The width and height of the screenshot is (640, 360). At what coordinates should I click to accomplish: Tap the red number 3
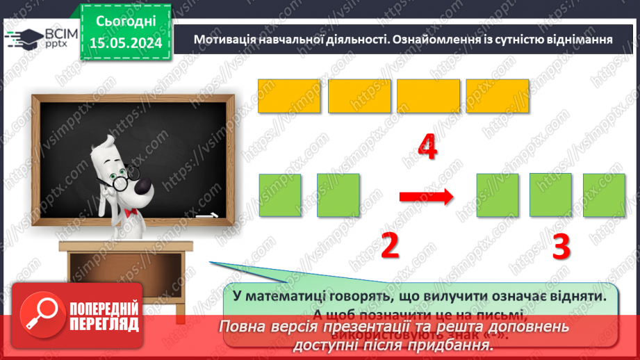point(561,245)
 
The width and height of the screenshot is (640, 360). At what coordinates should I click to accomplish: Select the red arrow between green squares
point(426,197)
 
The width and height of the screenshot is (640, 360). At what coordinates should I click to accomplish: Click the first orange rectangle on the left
point(289,96)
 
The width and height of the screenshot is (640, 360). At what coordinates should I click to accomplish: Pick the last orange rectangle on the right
point(497,96)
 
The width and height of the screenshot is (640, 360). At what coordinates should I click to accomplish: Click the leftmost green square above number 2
point(280,195)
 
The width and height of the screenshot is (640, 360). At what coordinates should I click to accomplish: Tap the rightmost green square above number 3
point(604,195)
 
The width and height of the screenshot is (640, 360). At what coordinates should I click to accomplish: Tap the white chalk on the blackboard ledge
point(206,217)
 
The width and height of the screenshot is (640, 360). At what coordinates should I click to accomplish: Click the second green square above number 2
point(338,195)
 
